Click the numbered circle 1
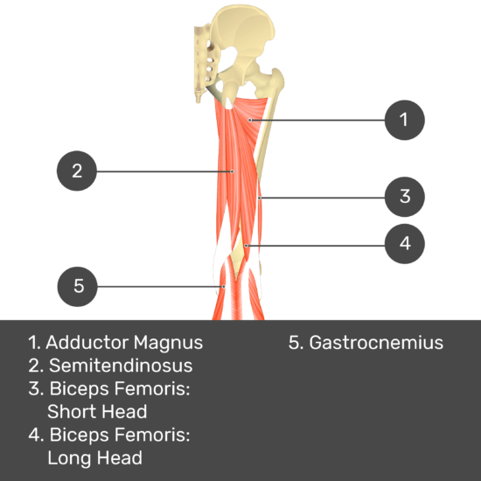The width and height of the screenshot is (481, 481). click(405, 120)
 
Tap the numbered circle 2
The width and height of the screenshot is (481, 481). click(77, 171)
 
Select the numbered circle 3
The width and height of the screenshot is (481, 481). click(405, 197)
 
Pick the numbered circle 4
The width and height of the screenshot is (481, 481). click(405, 244)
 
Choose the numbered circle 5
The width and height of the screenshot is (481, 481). click(77, 287)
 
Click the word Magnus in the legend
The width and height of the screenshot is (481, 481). click(168, 343)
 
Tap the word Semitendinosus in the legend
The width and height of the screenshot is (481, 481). click(121, 366)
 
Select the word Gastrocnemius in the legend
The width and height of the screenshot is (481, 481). click(376, 342)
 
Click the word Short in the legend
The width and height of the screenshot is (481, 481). click(70, 411)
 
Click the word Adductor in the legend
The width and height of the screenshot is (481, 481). click(87, 342)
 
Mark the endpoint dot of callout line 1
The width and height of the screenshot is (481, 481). click(250, 121)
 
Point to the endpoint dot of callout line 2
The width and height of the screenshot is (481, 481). click(233, 171)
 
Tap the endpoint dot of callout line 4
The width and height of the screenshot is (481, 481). click(246, 246)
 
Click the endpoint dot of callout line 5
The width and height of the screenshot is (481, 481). click(224, 287)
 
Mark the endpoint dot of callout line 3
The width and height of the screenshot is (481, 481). click(260, 199)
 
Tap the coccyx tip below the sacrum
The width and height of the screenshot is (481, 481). click(199, 99)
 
